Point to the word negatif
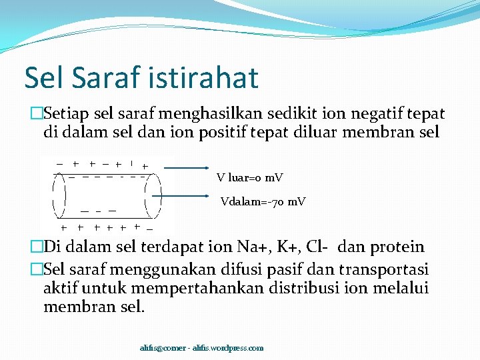[x=372, y=115]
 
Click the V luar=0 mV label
[x=250, y=178]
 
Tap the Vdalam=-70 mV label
[x=263, y=201]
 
